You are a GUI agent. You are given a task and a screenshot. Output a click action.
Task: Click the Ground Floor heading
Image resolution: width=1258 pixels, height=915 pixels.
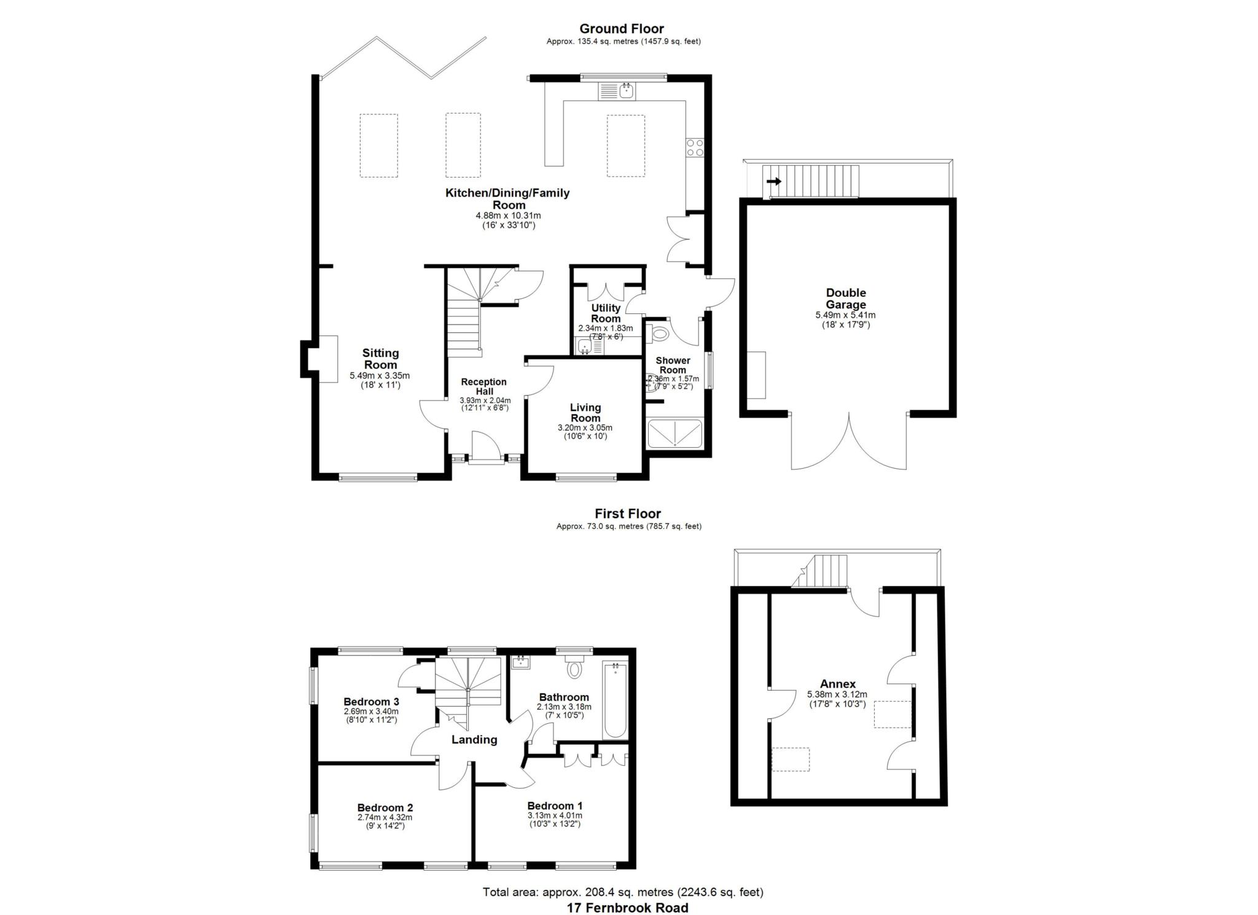pos(622,28)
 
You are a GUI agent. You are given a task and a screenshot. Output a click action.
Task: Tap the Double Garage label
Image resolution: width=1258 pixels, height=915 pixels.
pos(846,299)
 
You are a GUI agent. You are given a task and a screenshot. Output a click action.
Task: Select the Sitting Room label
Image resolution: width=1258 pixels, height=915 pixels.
pos(380,359)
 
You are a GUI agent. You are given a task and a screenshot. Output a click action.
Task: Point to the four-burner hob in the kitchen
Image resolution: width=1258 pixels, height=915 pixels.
pos(695,147)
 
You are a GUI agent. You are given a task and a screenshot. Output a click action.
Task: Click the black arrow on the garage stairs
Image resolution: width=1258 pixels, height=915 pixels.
pos(774,181)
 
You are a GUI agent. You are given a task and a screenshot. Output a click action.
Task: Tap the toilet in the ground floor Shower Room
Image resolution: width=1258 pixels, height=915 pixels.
pos(658,334)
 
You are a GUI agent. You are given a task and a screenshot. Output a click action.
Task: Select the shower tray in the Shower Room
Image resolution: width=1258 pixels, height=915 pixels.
pos(675,433)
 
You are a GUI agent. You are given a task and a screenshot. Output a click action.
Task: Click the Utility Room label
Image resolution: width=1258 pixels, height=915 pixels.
pos(606,313)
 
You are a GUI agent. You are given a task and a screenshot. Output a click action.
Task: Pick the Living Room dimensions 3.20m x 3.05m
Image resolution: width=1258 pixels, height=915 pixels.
pos(585,428)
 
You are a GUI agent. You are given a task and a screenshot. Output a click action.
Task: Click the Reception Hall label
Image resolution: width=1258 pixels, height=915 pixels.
pos(483,387)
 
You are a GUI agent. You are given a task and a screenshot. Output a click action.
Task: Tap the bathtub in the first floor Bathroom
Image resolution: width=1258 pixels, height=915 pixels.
pos(615,700)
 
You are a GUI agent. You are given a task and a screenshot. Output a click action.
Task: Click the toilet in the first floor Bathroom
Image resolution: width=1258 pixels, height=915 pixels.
pos(574,666)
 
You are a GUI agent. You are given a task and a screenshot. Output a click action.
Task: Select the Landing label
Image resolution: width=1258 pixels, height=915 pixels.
pos(474,740)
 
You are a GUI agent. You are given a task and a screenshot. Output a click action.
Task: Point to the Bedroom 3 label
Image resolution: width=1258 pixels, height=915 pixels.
pos(371,702)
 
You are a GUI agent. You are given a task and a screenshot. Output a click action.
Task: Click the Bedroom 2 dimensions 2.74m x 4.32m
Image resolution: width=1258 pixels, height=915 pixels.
pos(385,818)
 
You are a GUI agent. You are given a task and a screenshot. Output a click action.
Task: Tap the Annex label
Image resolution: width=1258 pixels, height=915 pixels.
pos(838,684)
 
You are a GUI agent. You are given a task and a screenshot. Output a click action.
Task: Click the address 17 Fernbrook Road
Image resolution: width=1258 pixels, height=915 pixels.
pos(627,908)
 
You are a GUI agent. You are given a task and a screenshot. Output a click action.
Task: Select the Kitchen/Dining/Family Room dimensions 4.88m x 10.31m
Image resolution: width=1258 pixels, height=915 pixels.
pos(508,216)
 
